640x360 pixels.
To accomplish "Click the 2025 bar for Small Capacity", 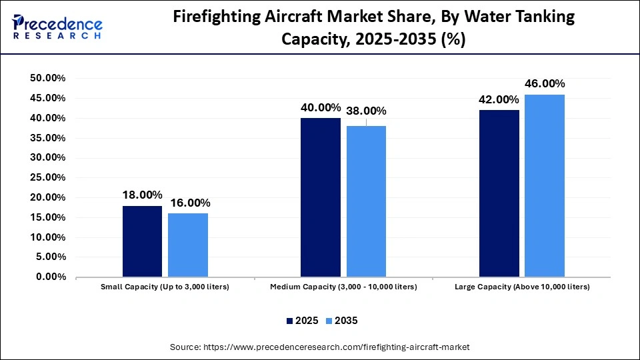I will pos(142,241).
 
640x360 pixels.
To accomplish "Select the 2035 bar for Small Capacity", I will pos(187,245).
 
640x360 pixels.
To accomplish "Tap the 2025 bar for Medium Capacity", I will pos(321,197).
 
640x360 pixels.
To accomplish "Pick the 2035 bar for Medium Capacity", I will pos(366,201).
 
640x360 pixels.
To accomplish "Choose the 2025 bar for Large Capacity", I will pos(499,193).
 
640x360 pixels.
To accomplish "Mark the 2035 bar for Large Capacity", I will pos(545,185).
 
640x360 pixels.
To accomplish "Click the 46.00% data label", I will pos(545,84).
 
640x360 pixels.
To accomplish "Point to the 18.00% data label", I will pos(142,195).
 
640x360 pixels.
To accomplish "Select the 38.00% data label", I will pos(366,111).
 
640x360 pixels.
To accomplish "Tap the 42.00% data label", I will pos(499,100).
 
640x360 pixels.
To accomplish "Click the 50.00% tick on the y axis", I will pos(48,79).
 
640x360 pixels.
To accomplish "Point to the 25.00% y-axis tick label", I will pos(48,178).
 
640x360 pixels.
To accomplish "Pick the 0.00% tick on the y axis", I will pos(51,277).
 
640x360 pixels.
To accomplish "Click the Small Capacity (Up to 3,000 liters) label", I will pos(165,287).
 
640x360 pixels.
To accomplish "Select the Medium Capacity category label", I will pos(343,287).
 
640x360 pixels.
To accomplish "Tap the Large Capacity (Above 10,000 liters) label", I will pos(522,287).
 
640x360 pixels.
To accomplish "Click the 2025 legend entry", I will pos(302,321).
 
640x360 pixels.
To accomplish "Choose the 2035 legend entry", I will pos(341,321).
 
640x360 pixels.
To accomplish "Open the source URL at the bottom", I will pos(320,347).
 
